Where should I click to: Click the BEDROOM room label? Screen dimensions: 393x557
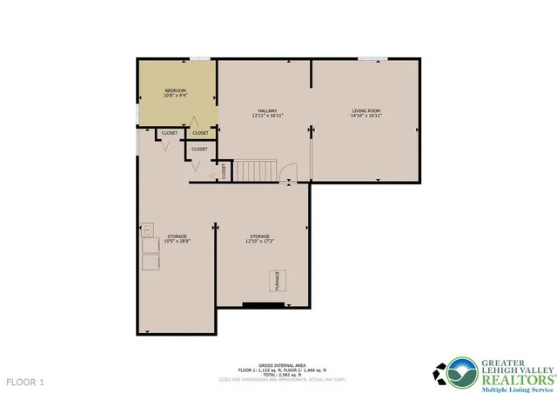click(x=177, y=90)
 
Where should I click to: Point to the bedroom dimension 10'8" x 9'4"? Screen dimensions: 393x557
click(x=177, y=96)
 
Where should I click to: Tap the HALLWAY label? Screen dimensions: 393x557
click(x=266, y=110)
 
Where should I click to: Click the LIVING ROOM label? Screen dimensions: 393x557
click(x=366, y=110)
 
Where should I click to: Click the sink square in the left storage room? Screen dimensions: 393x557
click(x=148, y=230)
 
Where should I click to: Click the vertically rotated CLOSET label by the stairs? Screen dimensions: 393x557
click(x=224, y=171)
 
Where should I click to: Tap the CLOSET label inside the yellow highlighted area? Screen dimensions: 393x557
click(x=200, y=133)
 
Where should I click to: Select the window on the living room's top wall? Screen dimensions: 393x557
click(x=372, y=59)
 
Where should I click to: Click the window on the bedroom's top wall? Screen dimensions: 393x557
click(x=200, y=59)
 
